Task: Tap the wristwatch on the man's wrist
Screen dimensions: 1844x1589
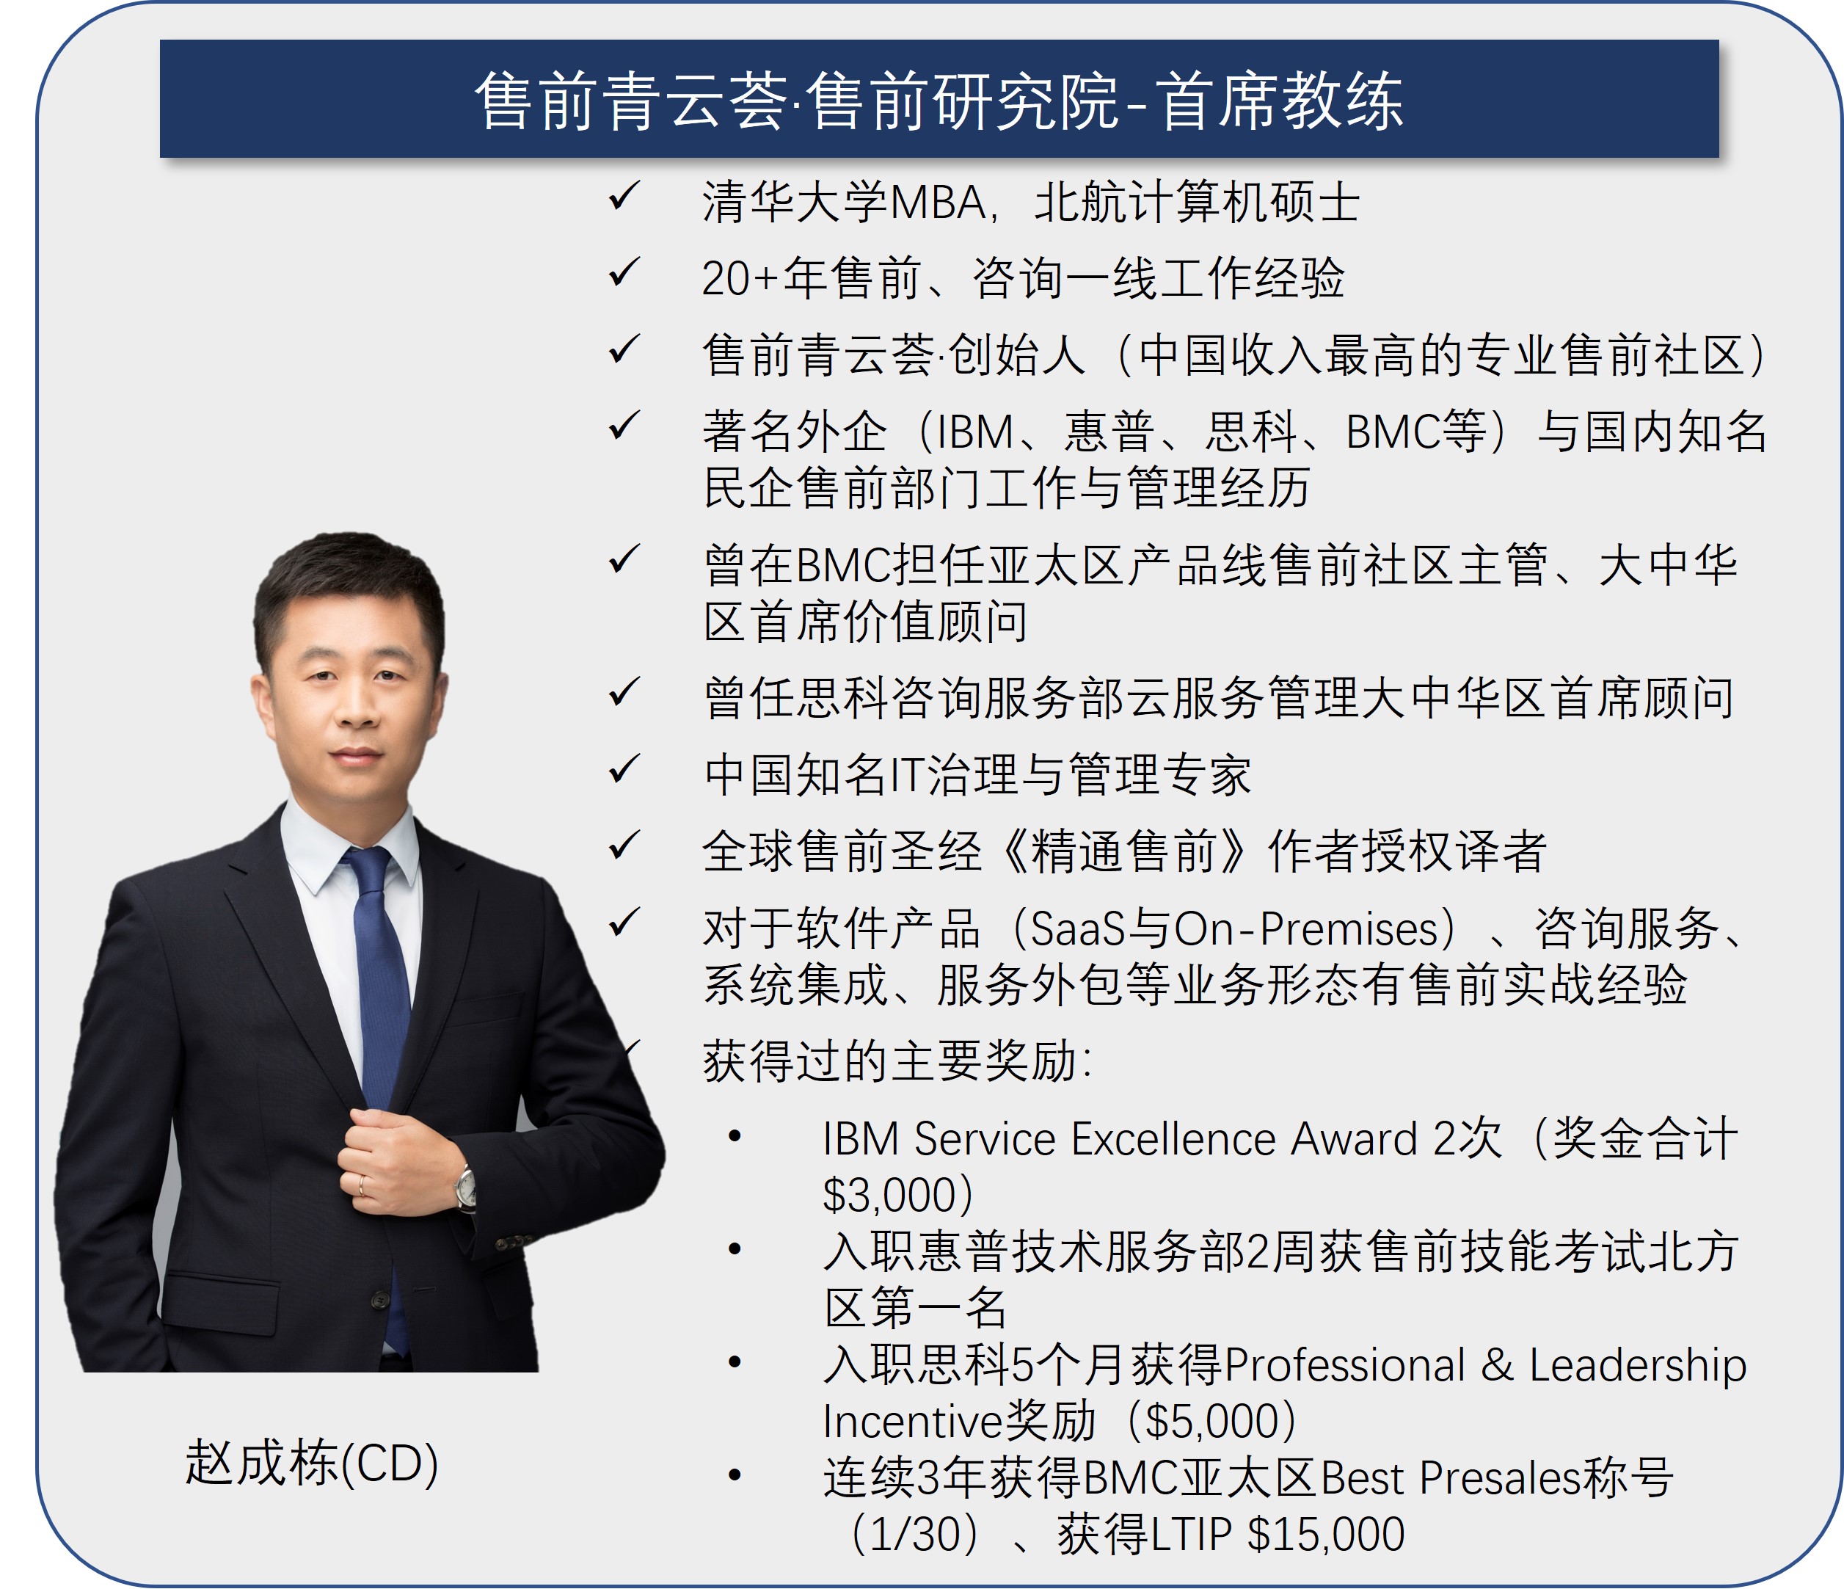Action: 465,1188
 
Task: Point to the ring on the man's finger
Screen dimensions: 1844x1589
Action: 361,1184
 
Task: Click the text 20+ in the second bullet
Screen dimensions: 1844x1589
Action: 740,279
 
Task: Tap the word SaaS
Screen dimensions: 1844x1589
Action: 1077,929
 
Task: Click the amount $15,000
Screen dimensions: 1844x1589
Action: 1326,1534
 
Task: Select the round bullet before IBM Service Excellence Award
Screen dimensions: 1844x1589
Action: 735,1135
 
